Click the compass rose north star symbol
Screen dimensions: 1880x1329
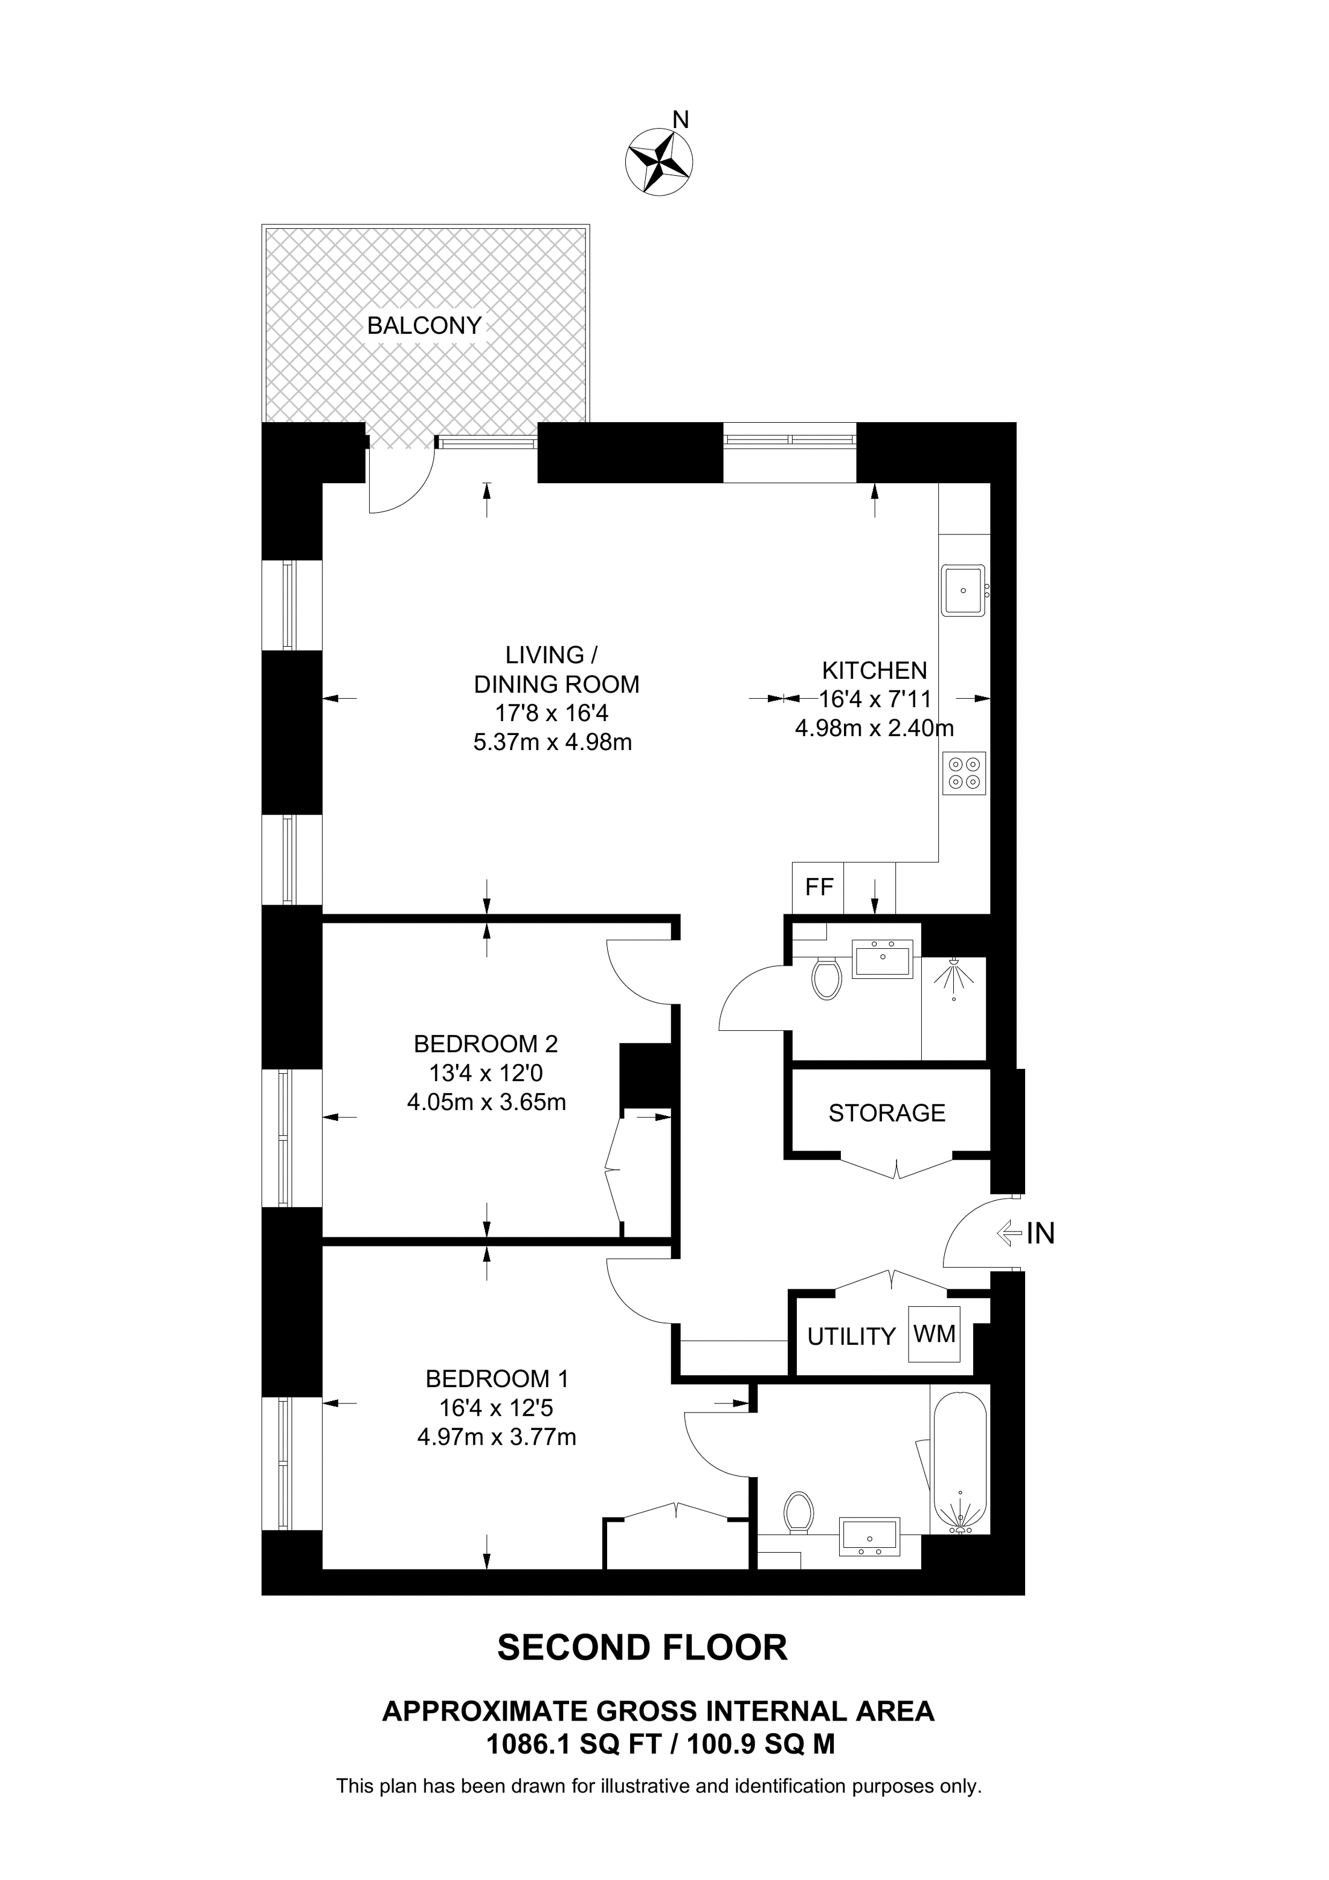tap(658, 161)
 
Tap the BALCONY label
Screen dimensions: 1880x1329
tap(423, 326)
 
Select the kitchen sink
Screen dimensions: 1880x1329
tap(963, 589)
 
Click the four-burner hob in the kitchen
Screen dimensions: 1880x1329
tap(963, 773)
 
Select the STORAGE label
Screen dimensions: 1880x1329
tap(886, 1113)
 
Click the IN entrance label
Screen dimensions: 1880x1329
tap(1040, 1233)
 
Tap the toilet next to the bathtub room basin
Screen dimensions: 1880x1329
tap(797, 1512)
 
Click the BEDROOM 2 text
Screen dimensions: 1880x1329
tap(486, 1044)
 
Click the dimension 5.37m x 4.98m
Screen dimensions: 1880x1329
tap(553, 743)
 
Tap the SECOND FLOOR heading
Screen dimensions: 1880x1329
tap(642, 1647)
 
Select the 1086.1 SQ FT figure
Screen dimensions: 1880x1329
tap(573, 1745)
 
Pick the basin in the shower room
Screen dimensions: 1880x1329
tap(882, 959)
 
